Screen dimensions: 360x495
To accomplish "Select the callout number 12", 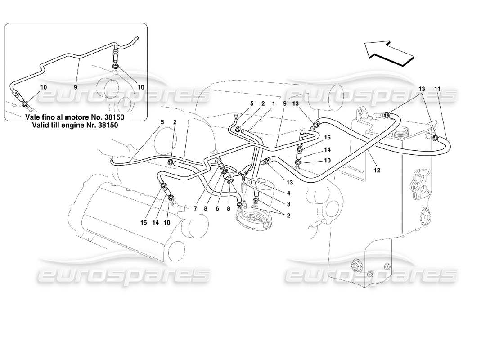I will tap(377, 170).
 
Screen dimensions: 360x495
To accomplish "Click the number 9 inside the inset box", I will tap(76, 86).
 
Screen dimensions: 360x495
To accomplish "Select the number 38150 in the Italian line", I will tap(114, 117).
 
